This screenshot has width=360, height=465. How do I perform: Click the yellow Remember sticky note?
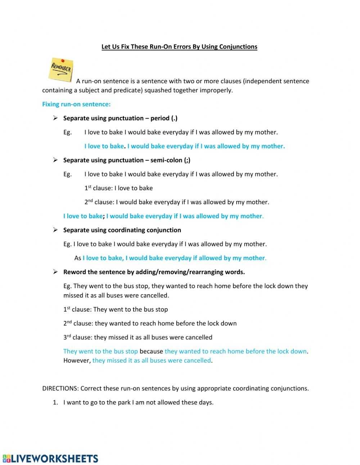61,69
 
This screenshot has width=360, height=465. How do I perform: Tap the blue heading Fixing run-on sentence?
76,104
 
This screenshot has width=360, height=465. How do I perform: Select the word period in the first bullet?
159,118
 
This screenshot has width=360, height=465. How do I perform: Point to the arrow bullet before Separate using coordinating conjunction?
55,230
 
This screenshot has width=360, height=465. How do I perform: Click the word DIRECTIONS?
60,388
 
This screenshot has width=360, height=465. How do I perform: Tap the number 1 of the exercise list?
55,402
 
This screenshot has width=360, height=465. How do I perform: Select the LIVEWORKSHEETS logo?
50,458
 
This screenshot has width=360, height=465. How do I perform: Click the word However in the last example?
76,360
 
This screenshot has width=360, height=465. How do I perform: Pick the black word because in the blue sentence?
151,351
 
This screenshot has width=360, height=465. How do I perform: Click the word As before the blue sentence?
78,258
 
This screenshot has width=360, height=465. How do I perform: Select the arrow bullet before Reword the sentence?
55,272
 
